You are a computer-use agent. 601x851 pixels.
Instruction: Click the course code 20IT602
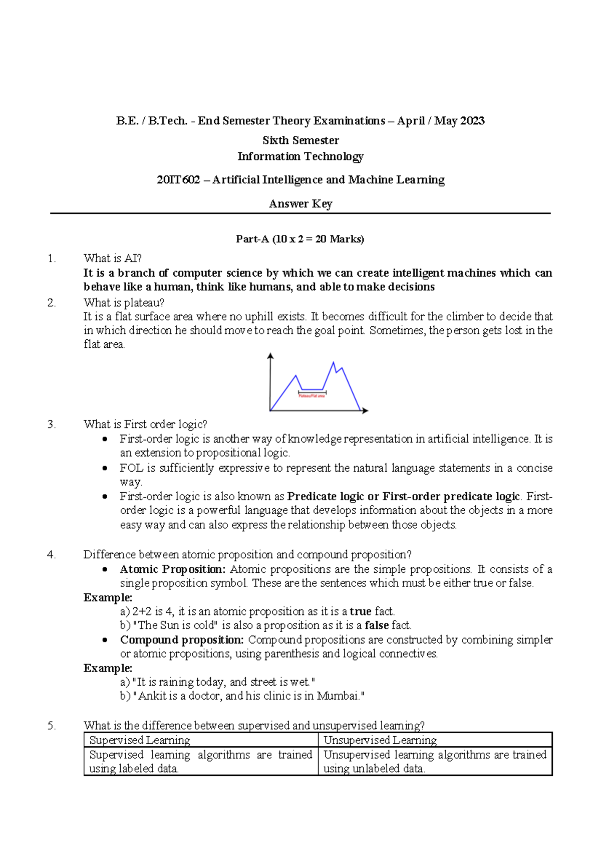pyautogui.click(x=178, y=180)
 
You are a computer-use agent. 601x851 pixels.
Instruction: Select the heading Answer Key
pyautogui.click(x=300, y=204)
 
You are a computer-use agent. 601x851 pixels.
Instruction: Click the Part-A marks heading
pyautogui.click(x=300, y=239)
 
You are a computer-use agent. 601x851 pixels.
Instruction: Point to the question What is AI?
pyautogui.click(x=113, y=259)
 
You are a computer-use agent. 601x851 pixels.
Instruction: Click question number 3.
pyautogui.click(x=51, y=424)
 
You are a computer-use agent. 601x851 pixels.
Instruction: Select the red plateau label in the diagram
pyautogui.click(x=312, y=396)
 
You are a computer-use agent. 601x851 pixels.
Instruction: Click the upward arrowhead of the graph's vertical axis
pyautogui.click(x=270, y=356)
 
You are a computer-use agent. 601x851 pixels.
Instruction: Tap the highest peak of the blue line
pyautogui.click(x=334, y=362)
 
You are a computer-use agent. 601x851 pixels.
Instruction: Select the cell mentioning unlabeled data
pyautogui.click(x=435, y=761)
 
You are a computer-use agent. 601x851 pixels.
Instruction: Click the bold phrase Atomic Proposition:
pyautogui.click(x=173, y=569)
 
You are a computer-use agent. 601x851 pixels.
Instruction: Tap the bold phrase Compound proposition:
pyautogui.click(x=182, y=640)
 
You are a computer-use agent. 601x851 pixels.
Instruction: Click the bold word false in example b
pyautogui.click(x=377, y=625)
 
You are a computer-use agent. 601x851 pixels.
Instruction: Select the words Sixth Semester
pyautogui.click(x=300, y=140)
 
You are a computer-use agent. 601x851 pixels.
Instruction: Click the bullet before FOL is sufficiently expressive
pyautogui.click(x=105, y=468)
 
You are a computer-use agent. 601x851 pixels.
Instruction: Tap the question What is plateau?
pyautogui.click(x=124, y=303)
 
